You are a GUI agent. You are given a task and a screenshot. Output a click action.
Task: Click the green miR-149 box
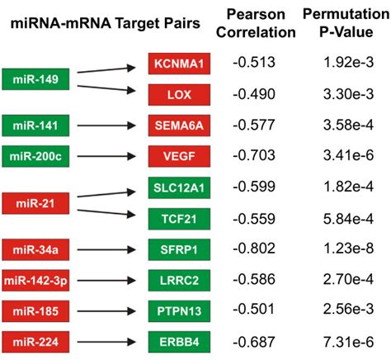click(35, 78)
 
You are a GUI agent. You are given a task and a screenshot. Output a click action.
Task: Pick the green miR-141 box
click(35, 125)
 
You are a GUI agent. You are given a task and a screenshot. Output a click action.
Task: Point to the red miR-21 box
click(35, 201)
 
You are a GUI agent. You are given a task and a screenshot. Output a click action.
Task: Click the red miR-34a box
click(35, 249)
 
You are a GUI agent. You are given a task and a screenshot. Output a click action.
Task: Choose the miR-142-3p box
click(35, 279)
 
